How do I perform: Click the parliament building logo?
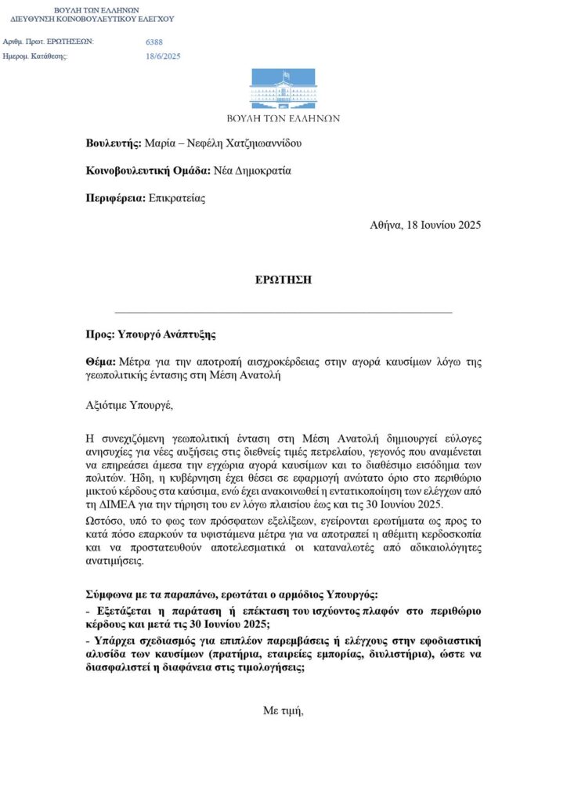pyautogui.click(x=283, y=89)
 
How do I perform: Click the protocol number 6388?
pyautogui.click(x=154, y=42)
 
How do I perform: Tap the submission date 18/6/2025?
pyautogui.click(x=163, y=56)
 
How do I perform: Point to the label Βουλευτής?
pyautogui.click(x=114, y=143)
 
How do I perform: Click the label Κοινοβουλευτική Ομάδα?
pyautogui.click(x=148, y=171)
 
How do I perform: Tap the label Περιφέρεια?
pyautogui.click(x=116, y=198)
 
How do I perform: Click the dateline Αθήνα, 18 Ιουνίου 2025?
pyautogui.click(x=425, y=225)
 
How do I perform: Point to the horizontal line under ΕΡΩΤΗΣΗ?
pyautogui.click(x=283, y=312)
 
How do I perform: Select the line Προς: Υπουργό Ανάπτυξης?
pyautogui.click(x=150, y=334)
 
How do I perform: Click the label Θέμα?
pyautogui.click(x=101, y=362)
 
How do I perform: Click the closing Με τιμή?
pyautogui.click(x=283, y=711)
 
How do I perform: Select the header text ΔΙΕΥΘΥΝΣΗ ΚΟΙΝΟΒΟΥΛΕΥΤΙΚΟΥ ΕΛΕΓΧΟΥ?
pyautogui.click(x=92, y=18)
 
